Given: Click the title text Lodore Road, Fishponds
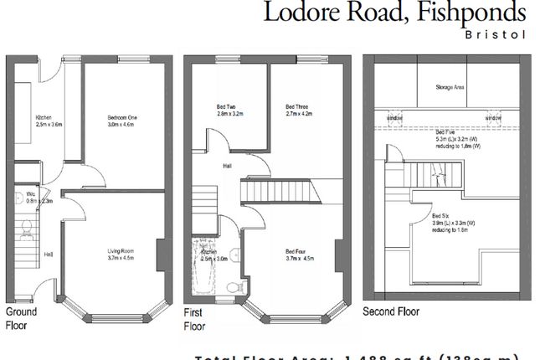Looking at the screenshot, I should [x=395, y=14].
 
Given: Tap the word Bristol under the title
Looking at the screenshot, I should [x=488, y=36].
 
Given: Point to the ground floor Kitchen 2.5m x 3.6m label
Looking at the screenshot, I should [x=49, y=121].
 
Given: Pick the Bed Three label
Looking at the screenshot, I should [x=297, y=110].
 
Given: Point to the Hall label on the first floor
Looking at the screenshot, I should [x=227, y=166].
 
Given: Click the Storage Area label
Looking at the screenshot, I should [x=449, y=86].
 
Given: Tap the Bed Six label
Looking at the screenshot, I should [x=451, y=216].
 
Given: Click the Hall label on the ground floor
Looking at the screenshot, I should [x=48, y=255].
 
